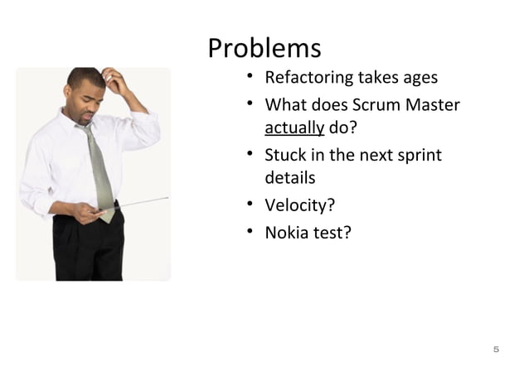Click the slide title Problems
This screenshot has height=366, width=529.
tap(264, 48)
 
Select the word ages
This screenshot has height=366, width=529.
tap(420, 79)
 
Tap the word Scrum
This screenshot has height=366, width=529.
tap(377, 106)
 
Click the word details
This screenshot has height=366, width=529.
tap(289, 177)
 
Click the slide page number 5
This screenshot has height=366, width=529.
tap(496, 348)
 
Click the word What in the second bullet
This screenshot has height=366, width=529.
tap(283, 106)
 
